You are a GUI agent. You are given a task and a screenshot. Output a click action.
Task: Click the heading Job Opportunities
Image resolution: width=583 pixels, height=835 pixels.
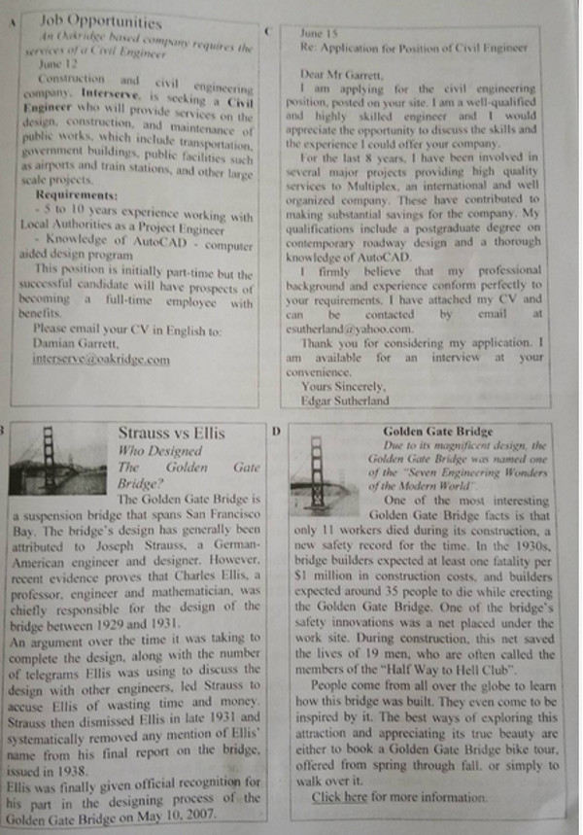101,20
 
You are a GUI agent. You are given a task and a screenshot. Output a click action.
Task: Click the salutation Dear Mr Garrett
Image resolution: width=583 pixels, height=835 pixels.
334,72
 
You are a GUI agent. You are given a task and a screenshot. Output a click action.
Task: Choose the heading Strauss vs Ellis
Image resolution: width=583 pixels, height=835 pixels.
171,433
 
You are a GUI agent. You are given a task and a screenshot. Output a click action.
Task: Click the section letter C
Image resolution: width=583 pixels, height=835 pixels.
267,32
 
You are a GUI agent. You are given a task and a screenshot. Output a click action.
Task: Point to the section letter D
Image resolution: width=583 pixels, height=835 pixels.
277,431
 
